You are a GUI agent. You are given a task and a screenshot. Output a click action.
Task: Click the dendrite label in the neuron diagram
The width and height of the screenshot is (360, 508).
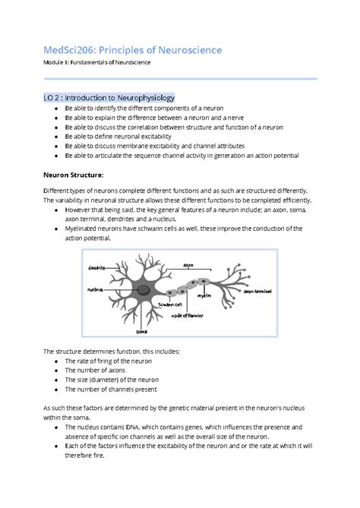click(97, 267)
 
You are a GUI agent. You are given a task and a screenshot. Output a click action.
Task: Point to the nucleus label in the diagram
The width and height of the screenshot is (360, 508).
click(96, 289)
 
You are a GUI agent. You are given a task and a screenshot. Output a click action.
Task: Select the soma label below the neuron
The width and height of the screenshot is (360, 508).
click(141, 330)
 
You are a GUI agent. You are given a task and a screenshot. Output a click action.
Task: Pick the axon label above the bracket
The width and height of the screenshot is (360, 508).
click(188, 265)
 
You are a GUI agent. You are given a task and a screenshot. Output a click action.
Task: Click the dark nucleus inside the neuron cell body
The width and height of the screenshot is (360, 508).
click(141, 289)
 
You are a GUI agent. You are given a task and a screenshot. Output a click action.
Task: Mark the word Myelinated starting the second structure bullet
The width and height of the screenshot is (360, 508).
click(86, 228)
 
